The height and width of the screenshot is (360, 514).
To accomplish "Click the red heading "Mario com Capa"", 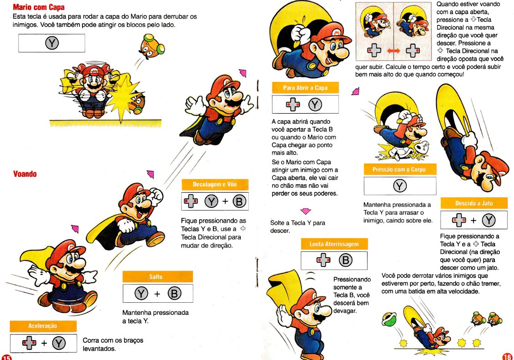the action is [x=39, y=7].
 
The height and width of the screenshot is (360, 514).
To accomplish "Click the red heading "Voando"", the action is [x=25, y=174].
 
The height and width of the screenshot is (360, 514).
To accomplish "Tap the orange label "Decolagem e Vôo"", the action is [x=215, y=185].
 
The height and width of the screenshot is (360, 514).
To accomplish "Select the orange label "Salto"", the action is [x=156, y=277].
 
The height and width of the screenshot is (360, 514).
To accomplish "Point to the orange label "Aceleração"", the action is [x=43, y=326].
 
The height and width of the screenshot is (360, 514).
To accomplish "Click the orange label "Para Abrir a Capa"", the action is [x=305, y=88].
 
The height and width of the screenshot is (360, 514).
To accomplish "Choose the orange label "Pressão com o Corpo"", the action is [x=399, y=170].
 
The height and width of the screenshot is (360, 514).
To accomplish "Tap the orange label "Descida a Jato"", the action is [x=474, y=204].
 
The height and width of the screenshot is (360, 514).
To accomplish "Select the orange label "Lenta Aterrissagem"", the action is [x=334, y=244].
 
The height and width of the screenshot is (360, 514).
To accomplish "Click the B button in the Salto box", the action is [x=174, y=294].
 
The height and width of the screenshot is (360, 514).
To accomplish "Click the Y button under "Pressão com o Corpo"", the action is [x=399, y=186].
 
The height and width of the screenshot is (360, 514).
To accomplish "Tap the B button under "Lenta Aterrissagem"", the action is [x=346, y=260].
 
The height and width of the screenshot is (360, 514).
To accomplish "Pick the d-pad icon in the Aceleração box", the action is [x=29, y=343].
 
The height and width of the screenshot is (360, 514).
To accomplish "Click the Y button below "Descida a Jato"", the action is [x=489, y=220].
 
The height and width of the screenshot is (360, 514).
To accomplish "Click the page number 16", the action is [x=507, y=356].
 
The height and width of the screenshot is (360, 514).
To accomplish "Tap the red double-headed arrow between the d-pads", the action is [x=393, y=51].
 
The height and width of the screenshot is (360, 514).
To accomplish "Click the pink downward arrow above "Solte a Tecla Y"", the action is [x=306, y=211].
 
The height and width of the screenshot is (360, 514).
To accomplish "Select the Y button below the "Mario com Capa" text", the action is [x=52, y=43].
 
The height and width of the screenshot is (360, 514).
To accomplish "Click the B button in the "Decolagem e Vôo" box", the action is [x=239, y=201].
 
